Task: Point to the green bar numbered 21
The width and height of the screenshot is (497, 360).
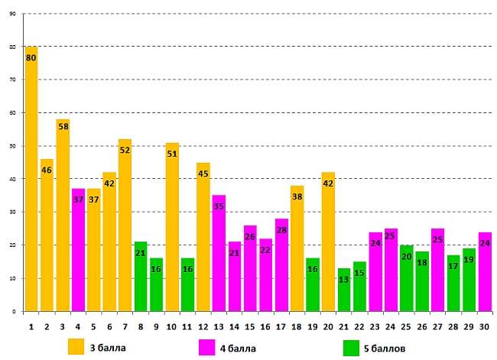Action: tap(344, 290)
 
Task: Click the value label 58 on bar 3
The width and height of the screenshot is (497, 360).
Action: tap(63, 126)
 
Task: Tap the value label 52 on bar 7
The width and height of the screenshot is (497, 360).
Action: tap(125, 151)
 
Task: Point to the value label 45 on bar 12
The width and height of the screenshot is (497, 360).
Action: tap(203, 174)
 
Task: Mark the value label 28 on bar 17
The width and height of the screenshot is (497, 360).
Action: tap(281, 230)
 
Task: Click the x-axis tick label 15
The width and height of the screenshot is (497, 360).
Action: tap(250, 326)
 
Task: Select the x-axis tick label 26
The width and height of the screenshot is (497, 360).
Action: tap(421, 326)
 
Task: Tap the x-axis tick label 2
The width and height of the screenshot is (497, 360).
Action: tap(47, 326)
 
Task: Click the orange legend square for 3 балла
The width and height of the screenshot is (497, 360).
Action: tap(76, 345)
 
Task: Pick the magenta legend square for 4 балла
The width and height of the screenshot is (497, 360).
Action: tap(206, 345)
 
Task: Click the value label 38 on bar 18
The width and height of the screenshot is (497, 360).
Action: tap(297, 196)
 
